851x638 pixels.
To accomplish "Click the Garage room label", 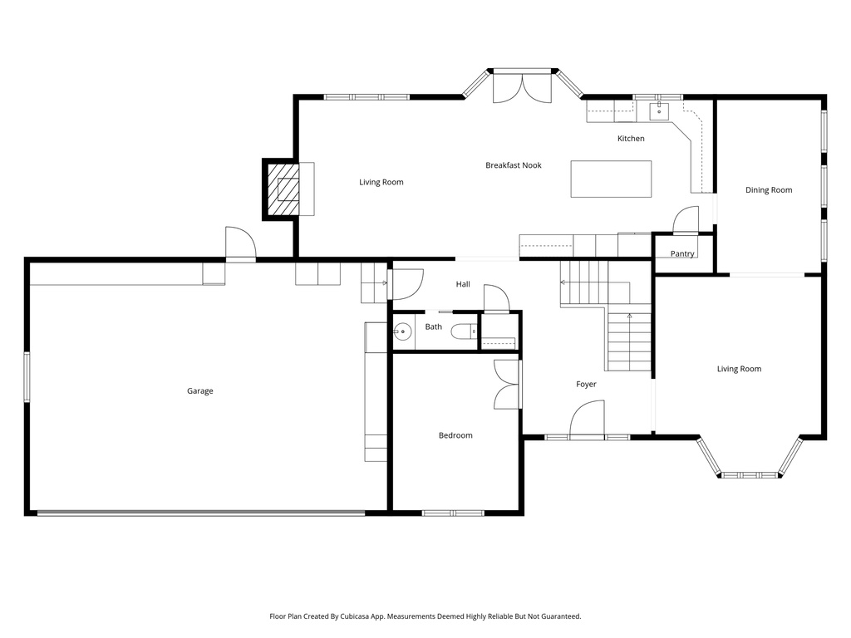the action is pyautogui.click(x=199, y=391).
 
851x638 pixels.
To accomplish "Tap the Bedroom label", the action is pyautogui.click(x=455, y=435).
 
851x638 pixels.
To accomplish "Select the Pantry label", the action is pyautogui.click(x=682, y=254).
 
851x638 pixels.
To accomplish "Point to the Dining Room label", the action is pyautogui.click(x=769, y=190).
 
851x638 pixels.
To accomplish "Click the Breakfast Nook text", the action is pyautogui.click(x=514, y=165).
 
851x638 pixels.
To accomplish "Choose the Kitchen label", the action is pyautogui.click(x=631, y=139).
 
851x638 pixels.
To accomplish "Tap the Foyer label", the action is pyautogui.click(x=586, y=384).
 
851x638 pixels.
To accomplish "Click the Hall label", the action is pyautogui.click(x=463, y=284).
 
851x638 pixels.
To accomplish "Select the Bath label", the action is pyautogui.click(x=433, y=326).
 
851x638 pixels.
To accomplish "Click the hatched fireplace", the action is pyautogui.click(x=281, y=189).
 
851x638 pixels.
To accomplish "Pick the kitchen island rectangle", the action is pyautogui.click(x=611, y=179).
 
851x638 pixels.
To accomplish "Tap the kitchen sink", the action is pyautogui.click(x=659, y=110).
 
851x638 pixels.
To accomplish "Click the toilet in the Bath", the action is pyautogui.click(x=464, y=331).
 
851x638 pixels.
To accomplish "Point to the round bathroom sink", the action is pyautogui.click(x=403, y=331).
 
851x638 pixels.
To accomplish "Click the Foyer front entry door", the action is pyautogui.click(x=588, y=420).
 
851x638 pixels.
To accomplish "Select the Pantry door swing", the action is pyautogui.click(x=685, y=219).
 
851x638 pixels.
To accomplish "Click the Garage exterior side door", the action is pyautogui.click(x=240, y=244).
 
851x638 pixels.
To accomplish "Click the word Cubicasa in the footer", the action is pyautogui.click(x=355, y=616).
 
